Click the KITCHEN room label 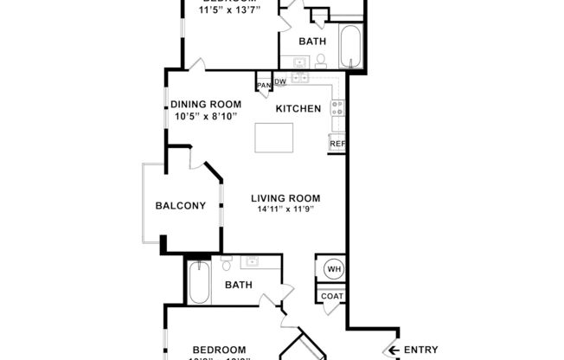(x=298, y=109)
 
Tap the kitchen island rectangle (x=273, y=138)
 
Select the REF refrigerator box (x=337, y=145)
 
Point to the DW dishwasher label (x=280, y=82)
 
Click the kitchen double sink (x=300, y=78)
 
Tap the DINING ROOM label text (x=205, y=105)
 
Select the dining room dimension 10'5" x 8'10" (x=205, y=116)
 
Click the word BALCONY (x=180, y=206)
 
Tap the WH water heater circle (x=332, y=269)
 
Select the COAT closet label (x=332, y=296)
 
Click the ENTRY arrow (x=392, y=350)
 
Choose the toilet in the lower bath (x=225, y=266)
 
